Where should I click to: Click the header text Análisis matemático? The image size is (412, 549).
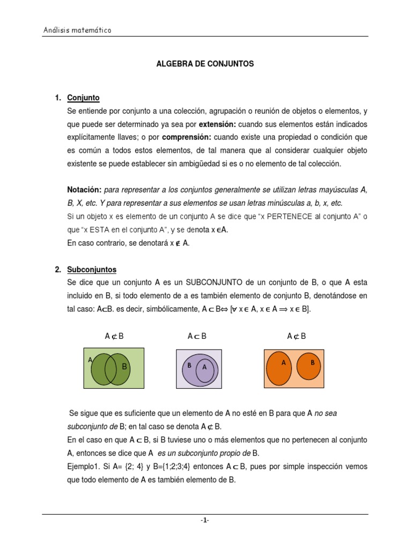77,31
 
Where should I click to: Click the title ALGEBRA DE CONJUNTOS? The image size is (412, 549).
205,64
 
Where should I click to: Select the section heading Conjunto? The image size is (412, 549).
83,98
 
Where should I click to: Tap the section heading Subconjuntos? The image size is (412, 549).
92,270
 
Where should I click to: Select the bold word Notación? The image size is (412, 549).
84,190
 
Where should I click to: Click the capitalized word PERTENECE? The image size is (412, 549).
294,216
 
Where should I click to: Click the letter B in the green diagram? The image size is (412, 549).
124,367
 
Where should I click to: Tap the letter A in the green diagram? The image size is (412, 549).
91,360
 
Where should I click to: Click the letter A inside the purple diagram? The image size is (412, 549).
204,368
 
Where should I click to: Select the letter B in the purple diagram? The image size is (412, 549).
189,365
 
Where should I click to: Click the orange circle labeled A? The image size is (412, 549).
284,367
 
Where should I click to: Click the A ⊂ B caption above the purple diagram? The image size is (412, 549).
197,336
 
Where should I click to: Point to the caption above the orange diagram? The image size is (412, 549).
296,336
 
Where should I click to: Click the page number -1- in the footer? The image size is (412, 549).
205,520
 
